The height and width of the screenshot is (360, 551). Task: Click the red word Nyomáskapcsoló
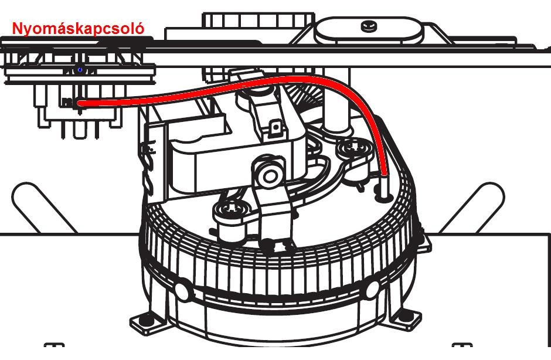[x=78, y=28]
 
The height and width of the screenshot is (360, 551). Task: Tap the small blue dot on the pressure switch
[x=80, y=70]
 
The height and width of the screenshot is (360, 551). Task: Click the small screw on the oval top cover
[x=369, y=26]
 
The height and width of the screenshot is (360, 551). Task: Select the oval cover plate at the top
[x=369, y=29]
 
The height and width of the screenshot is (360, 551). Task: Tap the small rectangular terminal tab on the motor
[x=274, y=127]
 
